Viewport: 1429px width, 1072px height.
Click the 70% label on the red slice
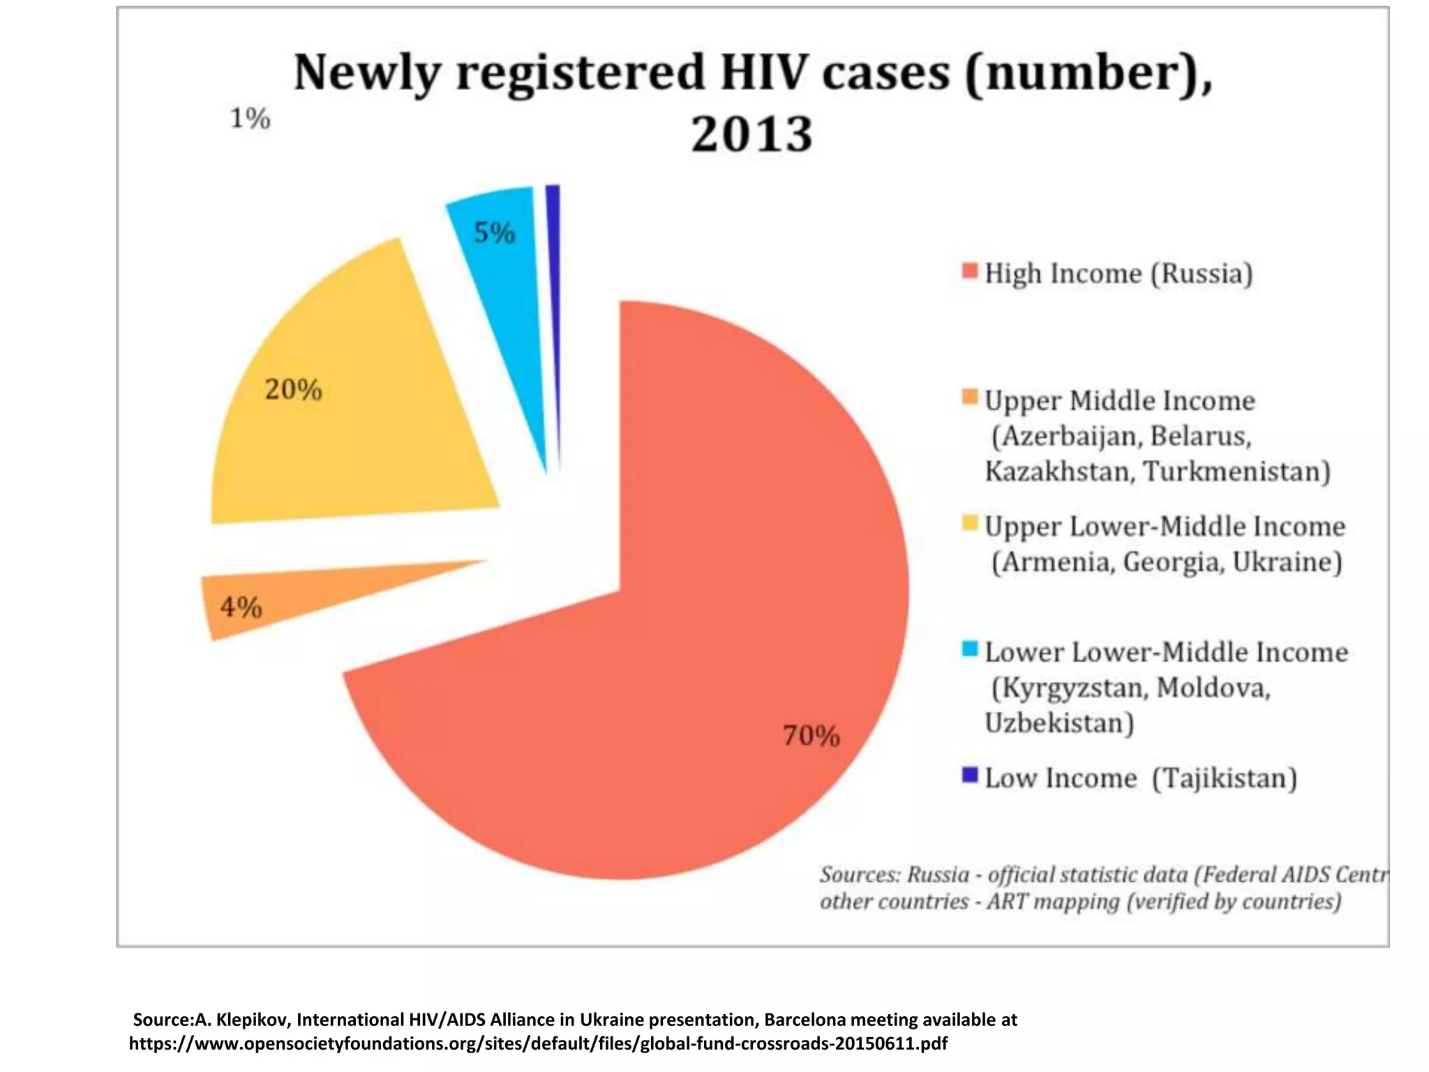click(811, 736)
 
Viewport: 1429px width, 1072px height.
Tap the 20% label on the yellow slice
click(293, 389)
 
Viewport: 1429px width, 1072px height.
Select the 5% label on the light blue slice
click(494, 232)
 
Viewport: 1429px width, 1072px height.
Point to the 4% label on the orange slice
click(241, 606)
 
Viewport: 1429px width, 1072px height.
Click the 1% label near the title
click(250, 118)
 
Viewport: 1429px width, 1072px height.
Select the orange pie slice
click(293, 597)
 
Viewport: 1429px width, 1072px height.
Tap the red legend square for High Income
click(969, 271)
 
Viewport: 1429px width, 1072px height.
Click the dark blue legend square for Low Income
click(969, 775)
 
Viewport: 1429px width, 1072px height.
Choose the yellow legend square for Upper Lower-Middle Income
click(969, 523)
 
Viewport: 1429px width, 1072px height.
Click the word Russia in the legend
click(1202, 274)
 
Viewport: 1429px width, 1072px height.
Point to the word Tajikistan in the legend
click(1224, 778)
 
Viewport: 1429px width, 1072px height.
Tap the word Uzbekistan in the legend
click(1058, 723)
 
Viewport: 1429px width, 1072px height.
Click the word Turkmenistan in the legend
click(1236, 472)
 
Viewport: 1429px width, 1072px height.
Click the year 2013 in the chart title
click(751, 133)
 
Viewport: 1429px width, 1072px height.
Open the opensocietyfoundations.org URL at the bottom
click(538, 1044)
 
